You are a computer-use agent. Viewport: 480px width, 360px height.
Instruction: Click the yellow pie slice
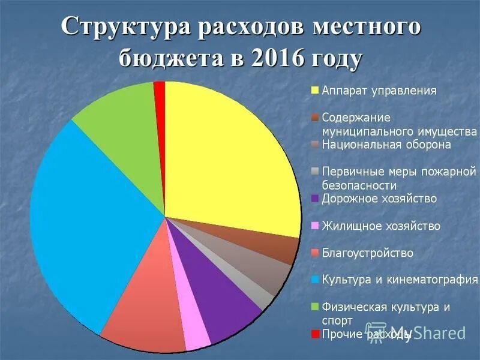coord(228,162)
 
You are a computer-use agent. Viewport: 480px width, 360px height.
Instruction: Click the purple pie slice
coord(225,306)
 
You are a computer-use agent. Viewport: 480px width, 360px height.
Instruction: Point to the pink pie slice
coord(195,333)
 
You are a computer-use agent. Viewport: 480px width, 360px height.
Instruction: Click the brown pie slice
coord(282,247)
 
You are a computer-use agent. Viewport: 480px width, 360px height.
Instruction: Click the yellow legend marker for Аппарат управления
coord(314,91)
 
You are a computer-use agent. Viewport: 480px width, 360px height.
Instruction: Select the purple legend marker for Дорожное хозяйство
coord(314,199)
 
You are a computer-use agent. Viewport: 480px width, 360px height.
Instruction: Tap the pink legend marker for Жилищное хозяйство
coord(314,226)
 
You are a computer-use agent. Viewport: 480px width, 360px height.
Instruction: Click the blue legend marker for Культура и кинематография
coord(314,280)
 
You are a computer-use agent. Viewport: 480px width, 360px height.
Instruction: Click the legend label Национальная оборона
coord(386,145)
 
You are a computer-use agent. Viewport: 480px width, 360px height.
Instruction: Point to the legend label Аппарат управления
coord(379,91)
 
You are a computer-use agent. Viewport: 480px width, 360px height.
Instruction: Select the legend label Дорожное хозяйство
coord(379,199)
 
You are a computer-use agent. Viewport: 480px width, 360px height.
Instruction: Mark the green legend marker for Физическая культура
coord(314,307)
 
